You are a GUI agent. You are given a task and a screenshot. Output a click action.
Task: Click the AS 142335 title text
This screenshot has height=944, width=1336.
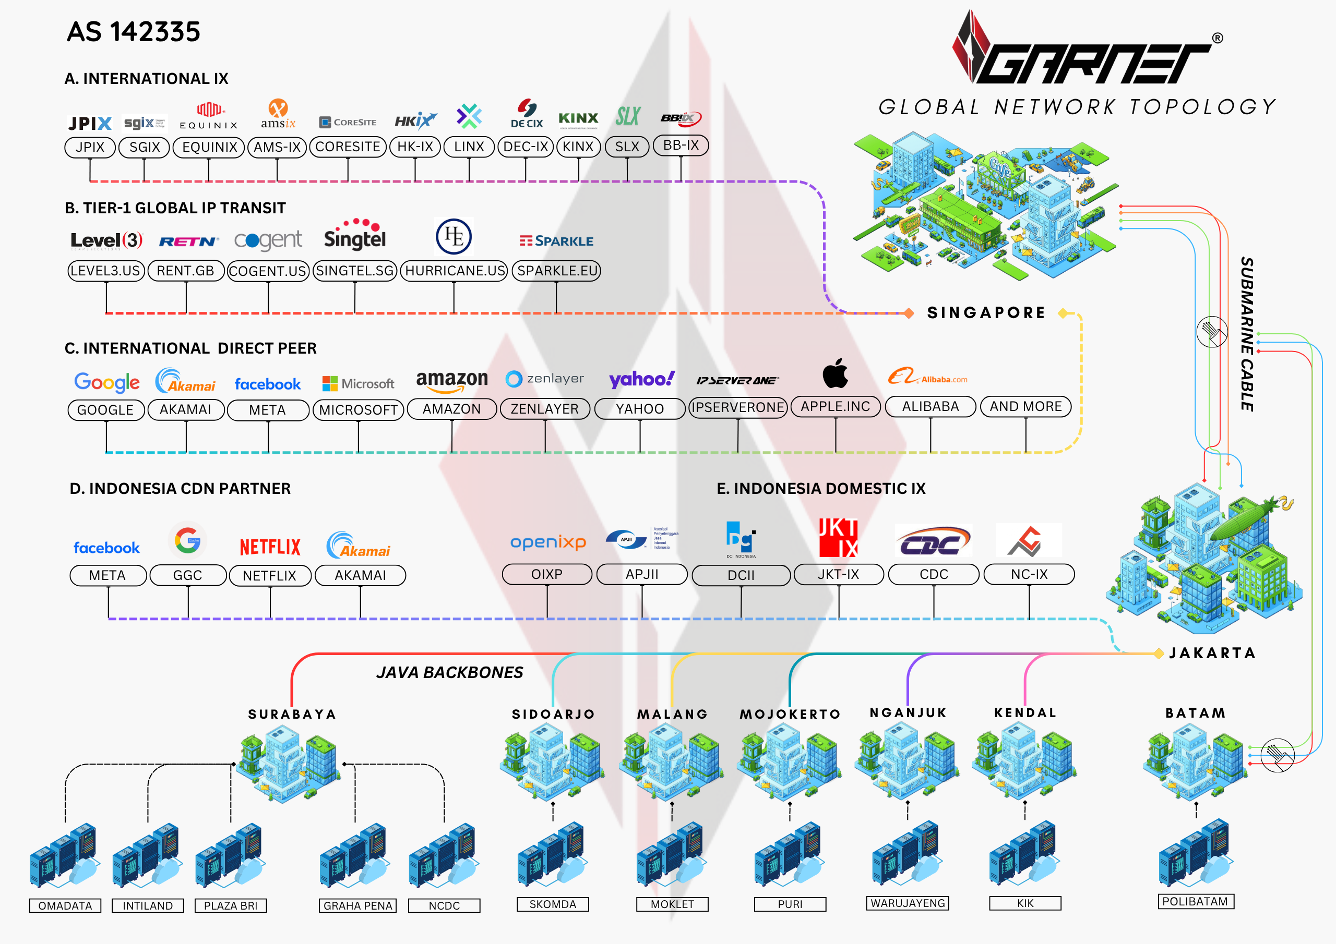point(133,32)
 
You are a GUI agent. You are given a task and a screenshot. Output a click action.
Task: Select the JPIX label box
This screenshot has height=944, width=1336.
point(90,147)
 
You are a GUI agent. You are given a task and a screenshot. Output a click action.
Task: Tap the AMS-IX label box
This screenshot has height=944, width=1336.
point(277,147)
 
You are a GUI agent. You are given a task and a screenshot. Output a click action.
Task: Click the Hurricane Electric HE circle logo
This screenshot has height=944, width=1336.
point(454,236)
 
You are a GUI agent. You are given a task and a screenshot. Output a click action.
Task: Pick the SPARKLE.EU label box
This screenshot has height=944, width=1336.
point(557,271)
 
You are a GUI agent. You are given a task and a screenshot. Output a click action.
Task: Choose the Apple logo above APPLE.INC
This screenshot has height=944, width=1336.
point(835,374)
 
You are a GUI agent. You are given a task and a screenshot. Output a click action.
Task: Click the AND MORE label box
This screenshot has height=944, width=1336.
point(1025,407)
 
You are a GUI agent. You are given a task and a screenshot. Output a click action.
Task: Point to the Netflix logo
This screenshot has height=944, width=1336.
point(270,547)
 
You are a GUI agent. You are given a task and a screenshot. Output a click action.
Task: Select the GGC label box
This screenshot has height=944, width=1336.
point(187,575)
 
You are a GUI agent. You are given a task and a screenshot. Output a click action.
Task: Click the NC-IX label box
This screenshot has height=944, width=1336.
point(1029,574)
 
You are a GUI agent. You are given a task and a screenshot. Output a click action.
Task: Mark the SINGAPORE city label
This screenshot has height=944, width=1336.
point(986,313)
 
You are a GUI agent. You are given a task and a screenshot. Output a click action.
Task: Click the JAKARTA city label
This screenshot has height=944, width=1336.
point(1212,653)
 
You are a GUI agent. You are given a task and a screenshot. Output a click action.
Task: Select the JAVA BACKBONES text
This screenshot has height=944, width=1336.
point(449,672)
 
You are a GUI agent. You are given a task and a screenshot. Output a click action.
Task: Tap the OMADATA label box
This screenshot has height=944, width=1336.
point(65,905)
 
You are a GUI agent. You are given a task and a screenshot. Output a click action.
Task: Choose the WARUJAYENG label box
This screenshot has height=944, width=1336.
point(907,903)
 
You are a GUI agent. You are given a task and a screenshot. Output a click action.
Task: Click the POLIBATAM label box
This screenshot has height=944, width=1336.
point(1195,902)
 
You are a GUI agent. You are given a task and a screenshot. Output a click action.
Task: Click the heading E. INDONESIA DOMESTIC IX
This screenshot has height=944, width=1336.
point(820,489)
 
